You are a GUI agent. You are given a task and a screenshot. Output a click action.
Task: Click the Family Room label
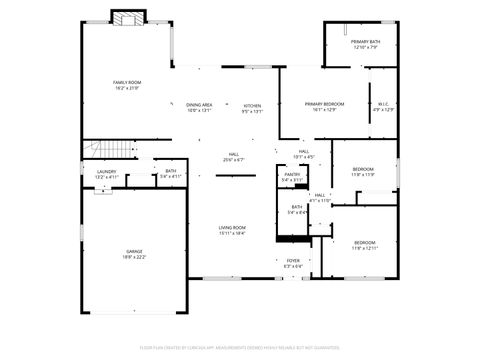[x=126, y=84]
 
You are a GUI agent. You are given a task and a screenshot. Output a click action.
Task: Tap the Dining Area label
[x=199, y=104]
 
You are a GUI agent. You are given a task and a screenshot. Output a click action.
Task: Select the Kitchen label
[x=252, y=104]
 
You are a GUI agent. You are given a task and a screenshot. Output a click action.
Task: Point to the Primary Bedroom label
[x=324, y=104]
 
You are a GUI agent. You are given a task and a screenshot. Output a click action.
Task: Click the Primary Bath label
[x=366, y=41]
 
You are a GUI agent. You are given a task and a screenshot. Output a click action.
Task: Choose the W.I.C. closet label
[x=383, y=104]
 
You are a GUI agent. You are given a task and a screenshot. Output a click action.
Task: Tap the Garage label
[x=133, y=251]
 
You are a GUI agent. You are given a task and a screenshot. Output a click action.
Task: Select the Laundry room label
[x=106, y=172]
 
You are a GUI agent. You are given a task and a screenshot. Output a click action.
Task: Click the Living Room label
[x=232, y=228]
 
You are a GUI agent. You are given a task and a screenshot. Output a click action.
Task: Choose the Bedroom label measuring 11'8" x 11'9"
[x=363, y=169]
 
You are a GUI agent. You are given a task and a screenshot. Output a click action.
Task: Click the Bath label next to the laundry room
[x=171, y=171]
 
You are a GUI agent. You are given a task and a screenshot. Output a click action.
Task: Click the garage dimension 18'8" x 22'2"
[x=133, y=256]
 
